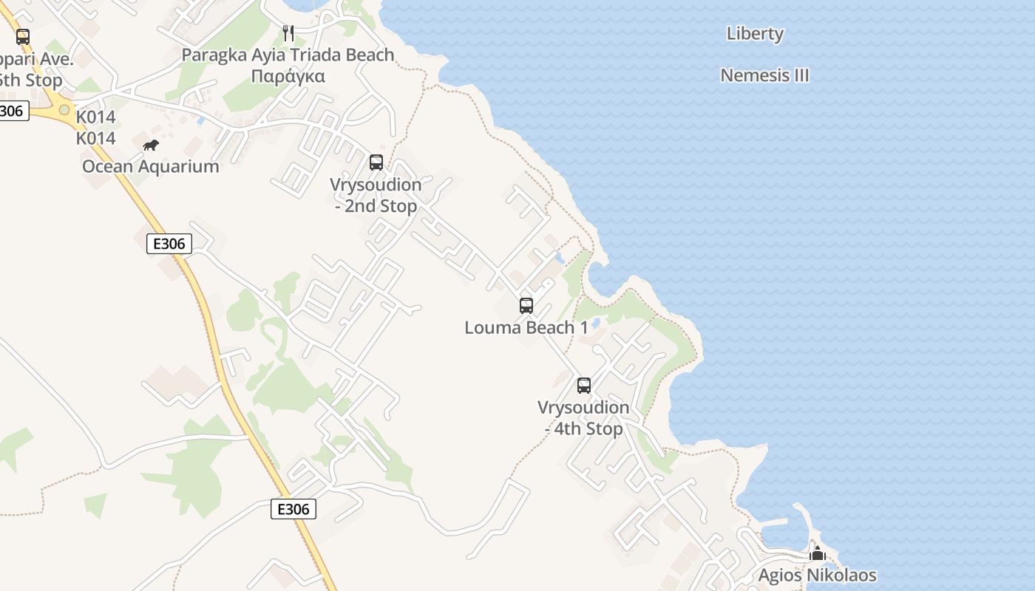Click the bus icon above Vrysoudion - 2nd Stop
pos(376,163)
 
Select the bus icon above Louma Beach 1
pos(526,305)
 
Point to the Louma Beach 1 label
pos(526,327)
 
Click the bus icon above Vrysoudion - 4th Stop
pos(584,385)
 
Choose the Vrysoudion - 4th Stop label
pos(583,418)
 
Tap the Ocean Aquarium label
pos(151,166)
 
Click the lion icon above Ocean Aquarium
pos(151,145)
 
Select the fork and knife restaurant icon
pos(288,33)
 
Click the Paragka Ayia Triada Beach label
pos(288,55)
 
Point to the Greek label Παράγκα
pos(288,76)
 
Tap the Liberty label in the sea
pos(755,33)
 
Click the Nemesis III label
pos(764,75)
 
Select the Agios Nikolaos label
pos(817,575)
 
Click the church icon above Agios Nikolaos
pos(817,553)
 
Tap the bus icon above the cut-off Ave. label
pos(23,37)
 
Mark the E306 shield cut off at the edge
pos(13,112)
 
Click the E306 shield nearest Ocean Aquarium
pos(169,244)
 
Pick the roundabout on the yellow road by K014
pos(64,110)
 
